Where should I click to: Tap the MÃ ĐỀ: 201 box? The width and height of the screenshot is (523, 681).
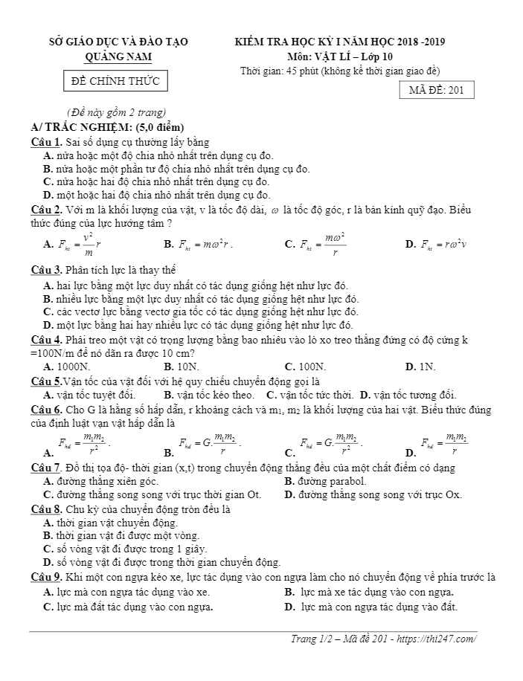click(x=436, y=91)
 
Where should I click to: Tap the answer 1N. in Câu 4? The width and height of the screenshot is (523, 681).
click(x=426, y=367)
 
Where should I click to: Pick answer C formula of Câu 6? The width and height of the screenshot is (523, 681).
click(x=330, y=445)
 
